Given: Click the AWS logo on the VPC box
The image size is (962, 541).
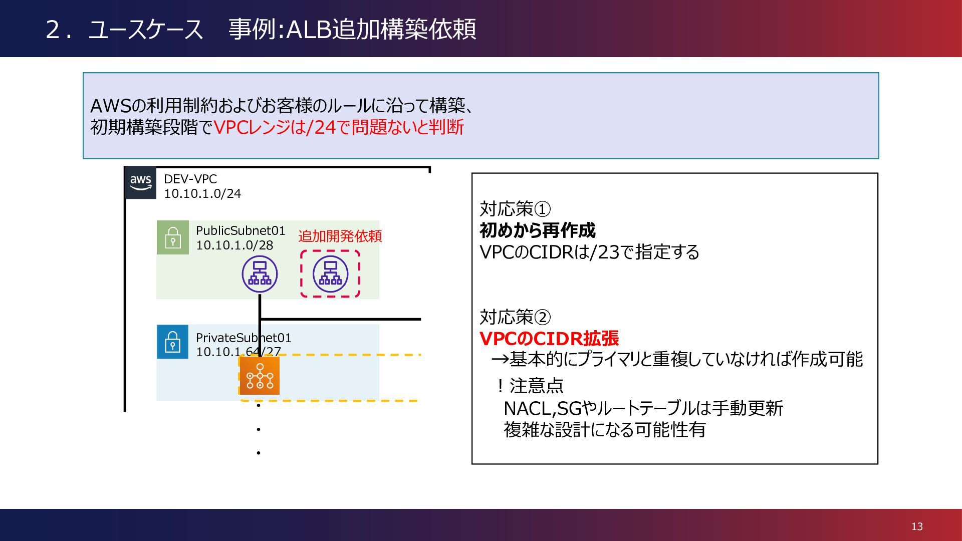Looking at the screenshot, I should pyautogui.click(x=140, y=183).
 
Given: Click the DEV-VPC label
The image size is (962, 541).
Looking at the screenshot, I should pyautogui.click(x=190, y=179).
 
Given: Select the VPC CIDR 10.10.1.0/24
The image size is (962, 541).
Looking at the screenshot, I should pyautogui.click(x=202, y=193).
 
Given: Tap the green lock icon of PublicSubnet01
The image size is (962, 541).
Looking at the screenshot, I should pyautogui.click(x=173, y=237).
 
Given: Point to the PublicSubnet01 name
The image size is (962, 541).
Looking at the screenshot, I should pyautogui.click(x=241, y=230).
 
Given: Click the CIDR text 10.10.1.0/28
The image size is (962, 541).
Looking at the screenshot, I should pyautogui.click(x=234, y=245).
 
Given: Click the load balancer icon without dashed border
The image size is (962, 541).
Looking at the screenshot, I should pyautogui.click(x=260, y=274).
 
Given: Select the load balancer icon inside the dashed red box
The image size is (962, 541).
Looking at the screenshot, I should pyautogui.click(x=330, y=274).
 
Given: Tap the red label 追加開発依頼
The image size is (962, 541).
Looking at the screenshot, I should pyautogui.click(x=340, y=236).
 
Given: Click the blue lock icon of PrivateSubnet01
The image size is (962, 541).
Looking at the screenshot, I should pyautogui.click(x=173, y=342).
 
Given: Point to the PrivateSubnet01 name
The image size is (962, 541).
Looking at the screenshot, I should pyautogui.click(x=244, y=338).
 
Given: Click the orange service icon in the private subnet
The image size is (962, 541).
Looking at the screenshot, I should pyautogui.click(x=260, y=375).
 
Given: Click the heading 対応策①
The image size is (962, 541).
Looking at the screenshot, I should pyautogui.click(x=515, y=208).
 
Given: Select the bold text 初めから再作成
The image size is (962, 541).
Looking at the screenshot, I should pyautogui.click(x=538, y=230).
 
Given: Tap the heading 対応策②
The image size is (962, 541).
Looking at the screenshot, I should pyautogui.click(x=515, y=317).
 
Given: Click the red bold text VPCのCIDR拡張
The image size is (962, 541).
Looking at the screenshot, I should pyautogui.click(x=549, y=339).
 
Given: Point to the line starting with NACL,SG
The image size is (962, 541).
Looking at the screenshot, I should pyautogui.click(x=643, y=408).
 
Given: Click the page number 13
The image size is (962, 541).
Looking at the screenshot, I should pyautogui.click(x=917, y=526).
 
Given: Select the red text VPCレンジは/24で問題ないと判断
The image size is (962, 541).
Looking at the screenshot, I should pyautogui.click(x=339, y=127).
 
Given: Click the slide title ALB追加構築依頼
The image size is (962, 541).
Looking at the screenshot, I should pyautogui.click(x=381, y=29).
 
